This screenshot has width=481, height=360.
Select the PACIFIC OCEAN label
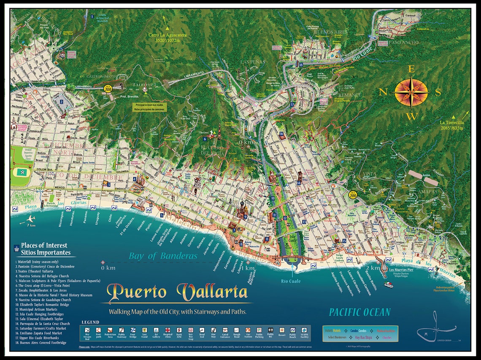360,312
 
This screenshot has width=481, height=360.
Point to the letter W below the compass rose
412,116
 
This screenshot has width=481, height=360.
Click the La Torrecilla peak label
452,125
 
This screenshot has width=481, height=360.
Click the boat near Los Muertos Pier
388,285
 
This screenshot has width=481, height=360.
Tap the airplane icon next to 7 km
30,219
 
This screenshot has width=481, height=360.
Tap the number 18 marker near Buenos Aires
301,64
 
